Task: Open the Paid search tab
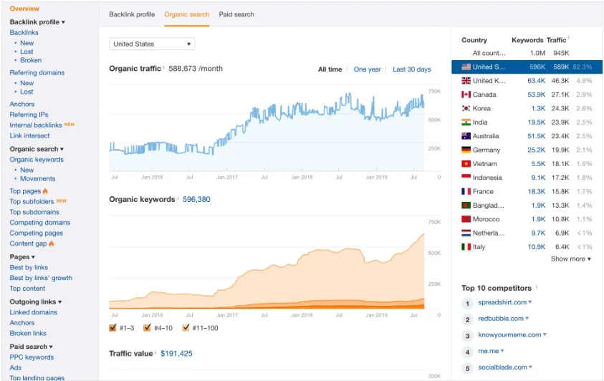click(x=236, y=14)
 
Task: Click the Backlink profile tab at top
click(x=132, y=14)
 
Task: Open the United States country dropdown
click(x=152, y=44)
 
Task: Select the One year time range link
click(x=367, y=69)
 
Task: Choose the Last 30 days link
click(x=411, y=69)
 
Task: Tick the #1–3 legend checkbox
click(x=112, y=328)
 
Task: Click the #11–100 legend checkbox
click(x=186, y=328)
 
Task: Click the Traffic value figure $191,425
click(x=176, y=353)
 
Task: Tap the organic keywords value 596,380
click(x=196, y=199)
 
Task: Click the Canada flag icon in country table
click(x=466, y=95)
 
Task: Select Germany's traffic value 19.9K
click(x=560, y=150)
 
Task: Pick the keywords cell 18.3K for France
click(x=536, y=192)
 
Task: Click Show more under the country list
click(x=570, y=259)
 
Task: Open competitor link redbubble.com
click(x=503, y=319)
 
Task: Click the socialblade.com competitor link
click(x=504, y=367)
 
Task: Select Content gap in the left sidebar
click(x=28, y=243)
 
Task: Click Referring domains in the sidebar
click(x=37, y=73)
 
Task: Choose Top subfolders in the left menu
click(x=32, y=202)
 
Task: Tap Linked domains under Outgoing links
click(x=33, y=312)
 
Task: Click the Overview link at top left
click(x=24, y=9)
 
